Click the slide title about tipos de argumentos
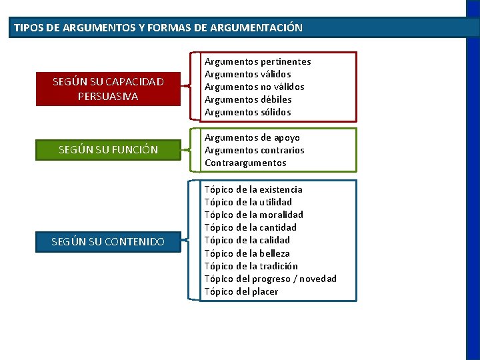157,28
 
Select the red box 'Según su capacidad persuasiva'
108,89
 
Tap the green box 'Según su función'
108,149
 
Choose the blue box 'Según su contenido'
108,241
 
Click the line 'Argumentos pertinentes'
257,61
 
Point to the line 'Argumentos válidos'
247,74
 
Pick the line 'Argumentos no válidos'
254,87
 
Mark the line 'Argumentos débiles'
248,99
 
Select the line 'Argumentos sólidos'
247,112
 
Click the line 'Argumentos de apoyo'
252,137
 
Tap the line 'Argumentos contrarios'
254,150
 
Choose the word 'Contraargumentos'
245,163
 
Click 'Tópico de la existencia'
253,189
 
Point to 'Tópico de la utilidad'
248,202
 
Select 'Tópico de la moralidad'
253,215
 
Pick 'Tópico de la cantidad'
250,227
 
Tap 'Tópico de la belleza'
247,253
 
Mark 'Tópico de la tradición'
251,266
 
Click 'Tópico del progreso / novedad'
270,279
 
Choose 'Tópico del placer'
241,291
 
